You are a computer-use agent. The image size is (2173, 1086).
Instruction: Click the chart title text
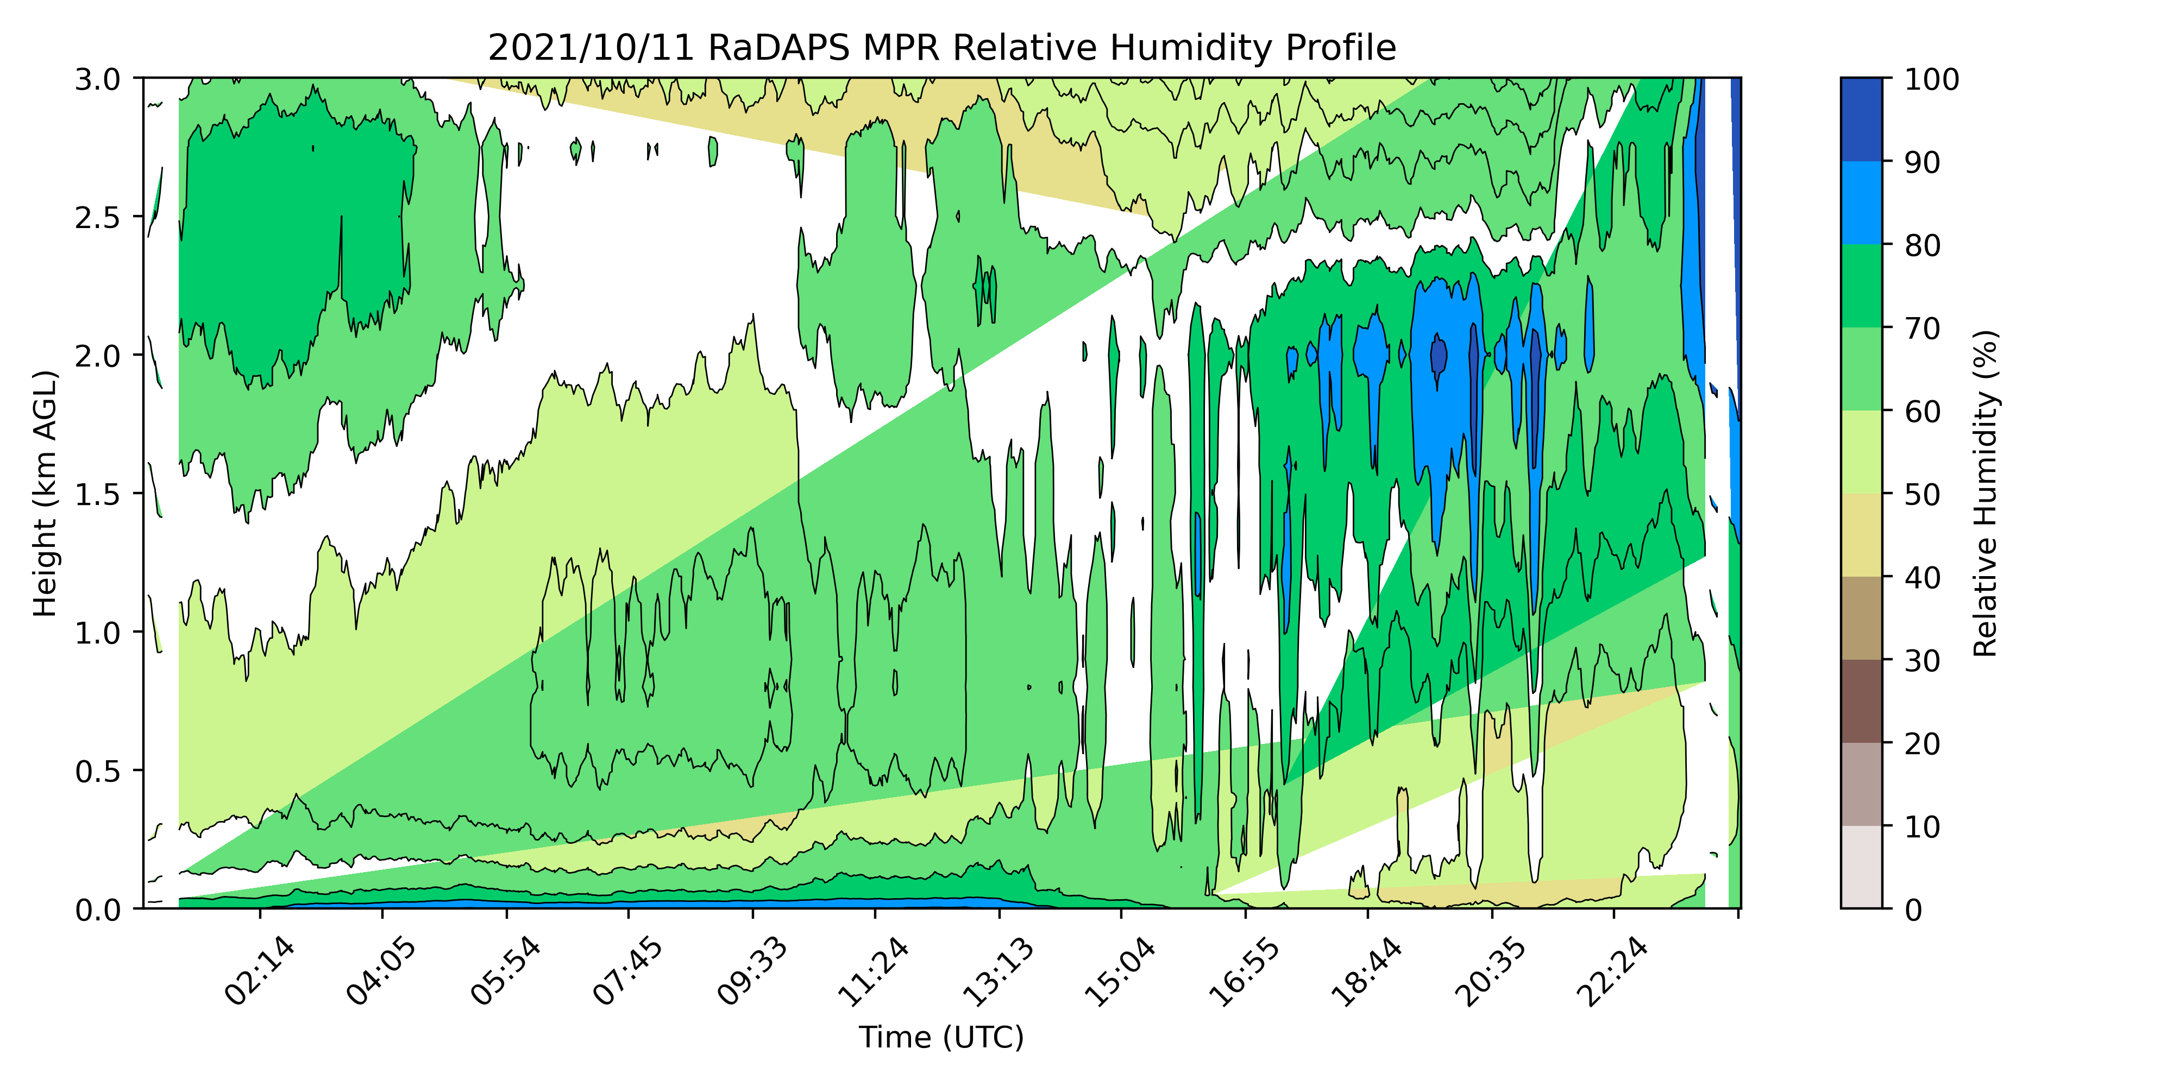941,48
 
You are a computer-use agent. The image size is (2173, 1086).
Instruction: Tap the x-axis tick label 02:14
259,972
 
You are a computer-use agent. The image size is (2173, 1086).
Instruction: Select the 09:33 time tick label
752,972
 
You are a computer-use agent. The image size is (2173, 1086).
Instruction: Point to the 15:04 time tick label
1120,972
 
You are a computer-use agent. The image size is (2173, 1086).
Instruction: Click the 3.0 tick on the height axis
99,80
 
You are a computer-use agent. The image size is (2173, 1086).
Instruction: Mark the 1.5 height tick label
99,494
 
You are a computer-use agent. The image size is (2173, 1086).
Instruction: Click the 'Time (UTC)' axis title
941,1037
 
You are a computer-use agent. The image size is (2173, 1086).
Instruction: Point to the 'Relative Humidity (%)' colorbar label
1986,493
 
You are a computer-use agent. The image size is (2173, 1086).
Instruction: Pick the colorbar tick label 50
1923,494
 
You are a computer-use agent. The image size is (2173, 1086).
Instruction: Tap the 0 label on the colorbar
1914,910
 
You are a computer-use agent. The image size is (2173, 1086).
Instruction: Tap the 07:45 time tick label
627,972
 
